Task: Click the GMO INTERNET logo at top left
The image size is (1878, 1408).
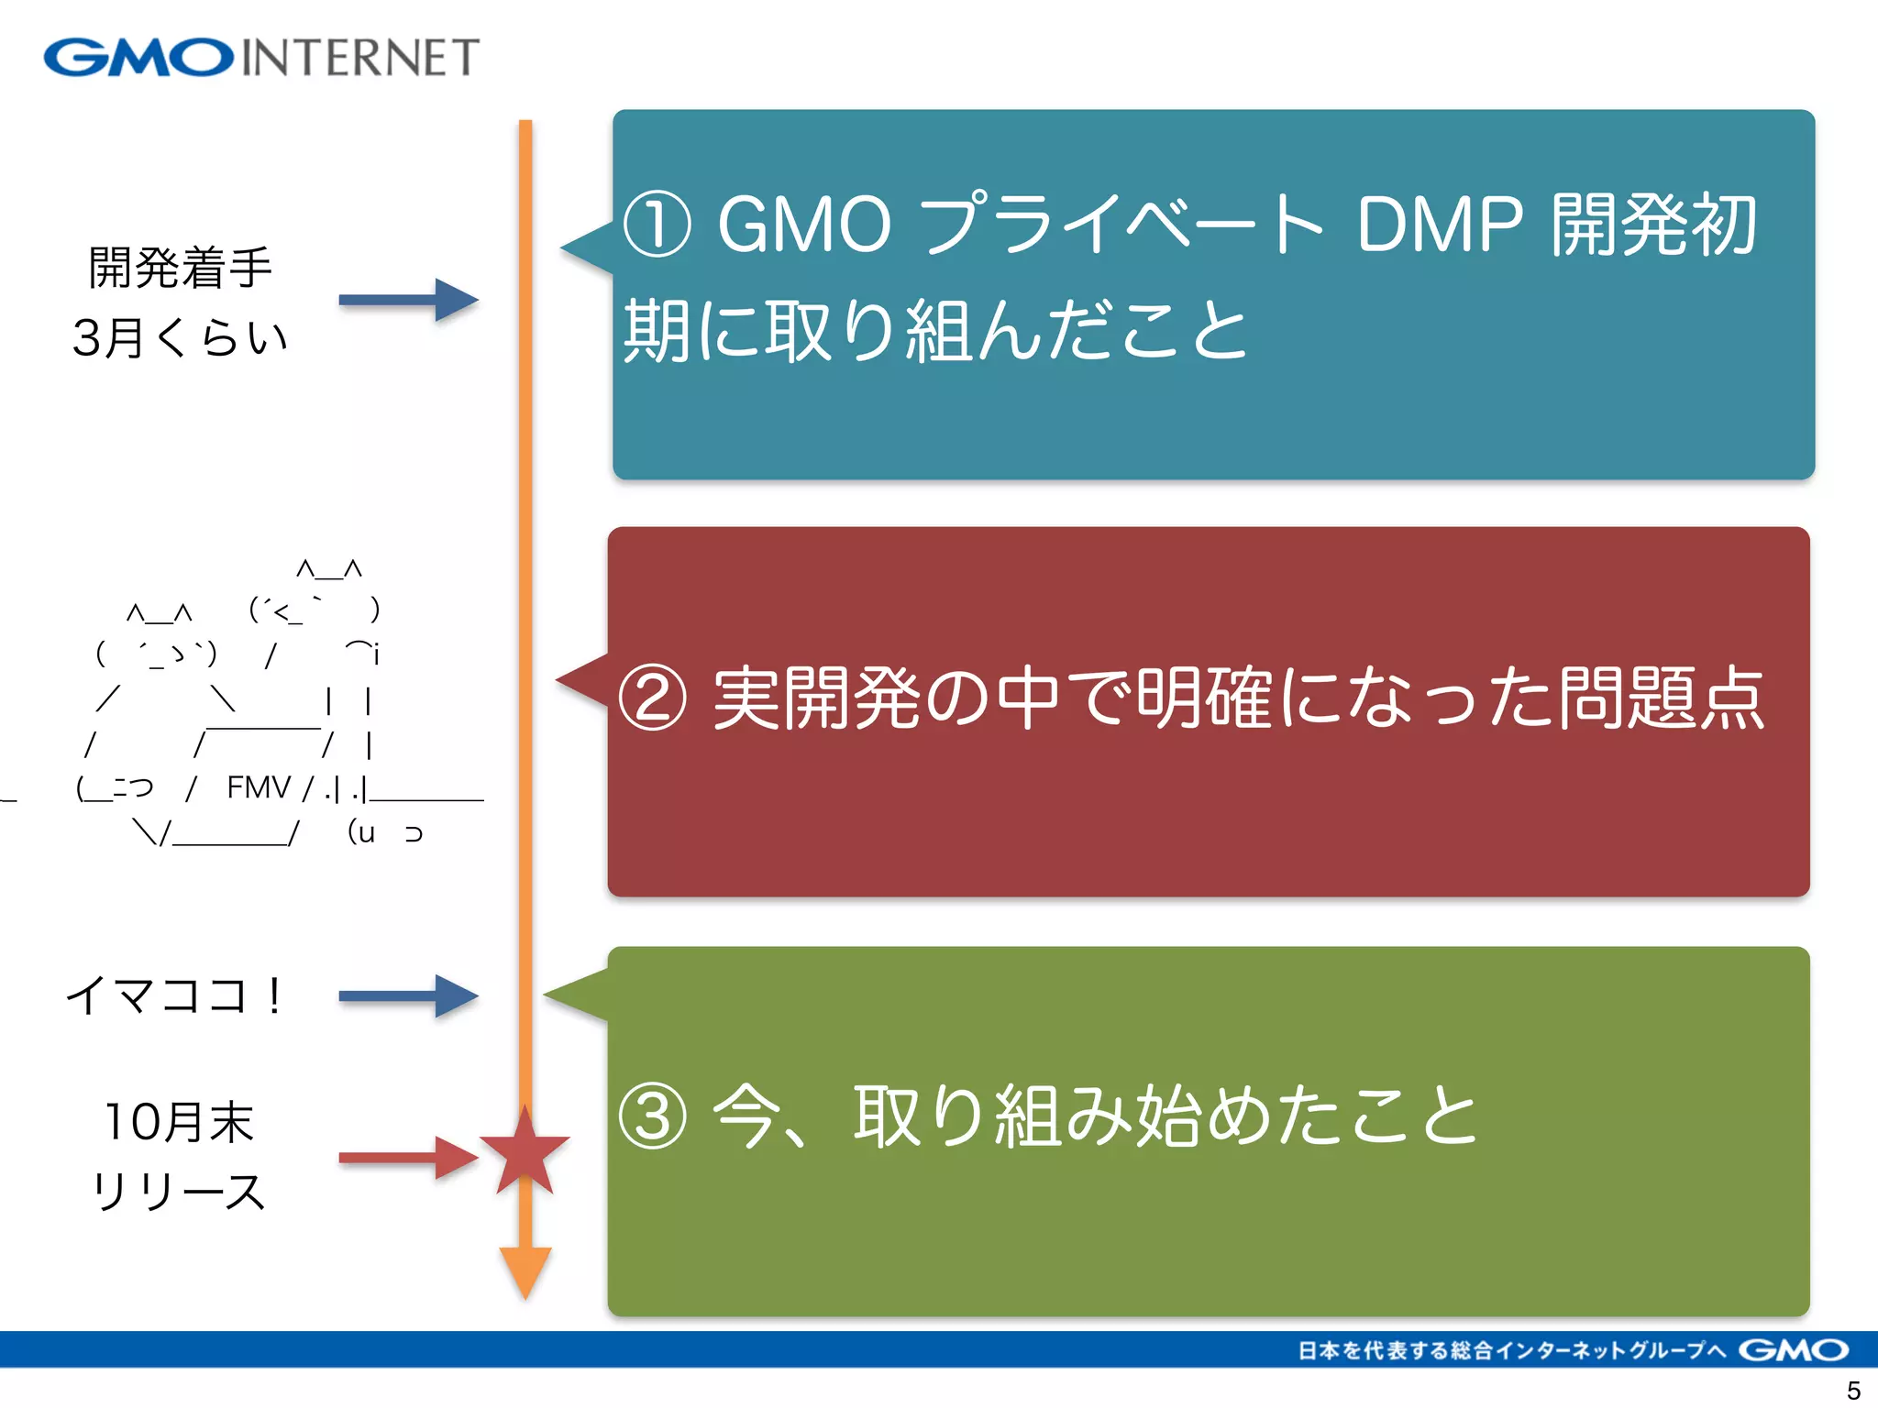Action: [261, 57]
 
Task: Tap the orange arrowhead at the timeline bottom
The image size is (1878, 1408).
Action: [525, 1270]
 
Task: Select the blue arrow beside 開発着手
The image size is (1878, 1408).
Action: [409, 300]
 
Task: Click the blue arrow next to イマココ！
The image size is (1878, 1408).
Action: [409, 996]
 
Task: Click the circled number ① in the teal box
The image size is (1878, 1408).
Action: [657, 225]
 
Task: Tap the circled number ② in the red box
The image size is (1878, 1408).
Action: [652, 698]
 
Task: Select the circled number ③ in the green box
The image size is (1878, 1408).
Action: [652, 1116]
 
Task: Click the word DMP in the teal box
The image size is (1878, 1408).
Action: [1440, 225]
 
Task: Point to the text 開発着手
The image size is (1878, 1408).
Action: [180, 268]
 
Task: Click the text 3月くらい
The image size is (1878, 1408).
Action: [180, 337]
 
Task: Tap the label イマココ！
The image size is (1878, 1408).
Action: [174, 995]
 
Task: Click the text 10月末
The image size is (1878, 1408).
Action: [180, 1122]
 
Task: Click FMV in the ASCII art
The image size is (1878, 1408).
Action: [259, 787]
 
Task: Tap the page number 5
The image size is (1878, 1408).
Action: [1852, 1390]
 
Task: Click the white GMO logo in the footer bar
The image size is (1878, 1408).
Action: [1793, 1350]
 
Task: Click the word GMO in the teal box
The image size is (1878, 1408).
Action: [803, 225]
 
